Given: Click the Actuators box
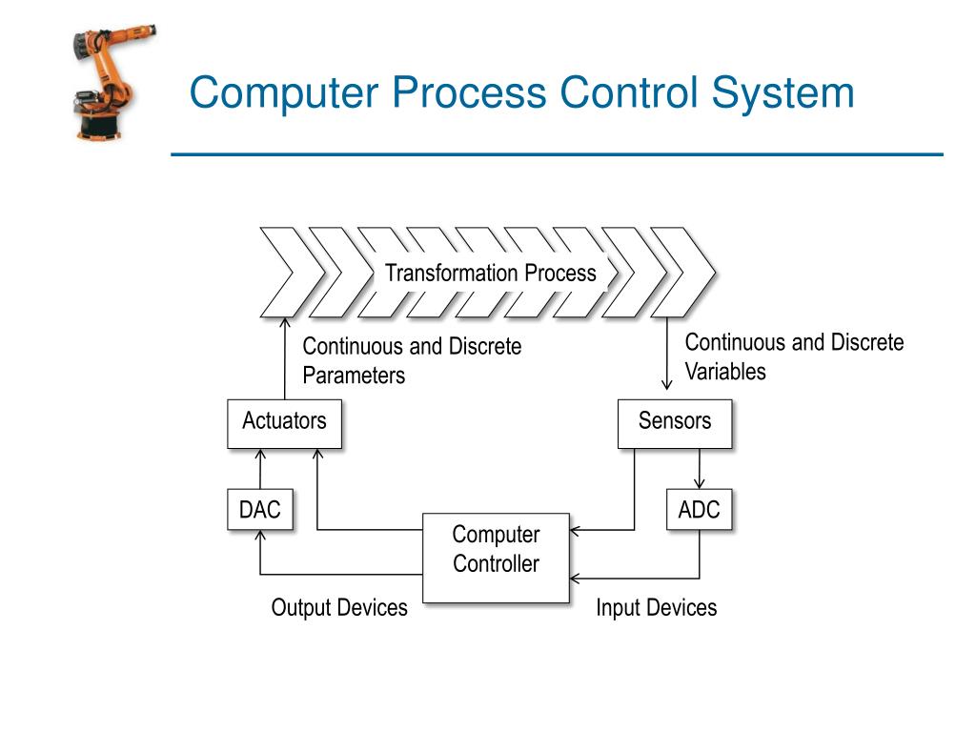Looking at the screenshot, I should (x=284, y=423).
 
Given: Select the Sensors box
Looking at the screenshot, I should (x=674, y=423).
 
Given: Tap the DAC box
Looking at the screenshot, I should (x=259, y=510).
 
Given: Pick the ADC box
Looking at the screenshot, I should (x=699, y=510).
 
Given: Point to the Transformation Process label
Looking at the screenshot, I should (x=490, y=274).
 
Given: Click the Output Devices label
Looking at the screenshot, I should (x=338, y=608).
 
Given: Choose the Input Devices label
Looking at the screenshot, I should (x=656, y=608).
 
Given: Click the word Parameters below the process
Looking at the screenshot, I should (x=354, y=376).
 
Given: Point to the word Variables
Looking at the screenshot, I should (x=725, y=372).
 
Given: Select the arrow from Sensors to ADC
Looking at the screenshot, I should (x=701, y=469).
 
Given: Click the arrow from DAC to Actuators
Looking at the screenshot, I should (x=260, y=469).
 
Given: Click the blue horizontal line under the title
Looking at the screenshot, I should (x=557, y=154).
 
